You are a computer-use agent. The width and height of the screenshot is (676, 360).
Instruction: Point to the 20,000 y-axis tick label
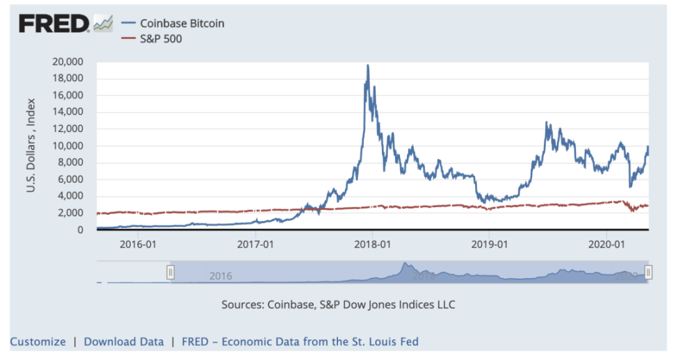[68, 62]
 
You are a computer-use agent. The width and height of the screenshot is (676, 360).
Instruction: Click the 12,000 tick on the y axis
[68, 129]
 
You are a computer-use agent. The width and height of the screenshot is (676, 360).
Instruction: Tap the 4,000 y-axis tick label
[71, 197]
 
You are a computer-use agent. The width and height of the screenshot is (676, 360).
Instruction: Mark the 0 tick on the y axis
[81, 230]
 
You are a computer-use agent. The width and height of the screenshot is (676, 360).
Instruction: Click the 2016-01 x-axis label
[138, 245]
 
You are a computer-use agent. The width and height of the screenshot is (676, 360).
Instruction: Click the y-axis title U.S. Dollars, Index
[31, 146]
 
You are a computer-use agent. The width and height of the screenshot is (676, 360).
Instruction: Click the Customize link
[38, 342]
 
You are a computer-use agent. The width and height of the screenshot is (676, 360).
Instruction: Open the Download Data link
[124, 342]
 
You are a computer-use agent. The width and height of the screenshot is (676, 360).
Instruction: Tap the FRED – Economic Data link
[300, 342]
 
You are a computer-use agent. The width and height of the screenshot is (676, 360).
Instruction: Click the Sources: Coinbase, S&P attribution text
[338, 304]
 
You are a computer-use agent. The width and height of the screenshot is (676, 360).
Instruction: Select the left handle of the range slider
[170, 272]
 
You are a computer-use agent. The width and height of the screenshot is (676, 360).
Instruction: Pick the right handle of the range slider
[648, 272]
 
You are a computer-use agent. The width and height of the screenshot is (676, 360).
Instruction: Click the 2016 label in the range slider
[220, 276]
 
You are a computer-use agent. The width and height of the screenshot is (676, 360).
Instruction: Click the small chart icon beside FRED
[103, 24]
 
